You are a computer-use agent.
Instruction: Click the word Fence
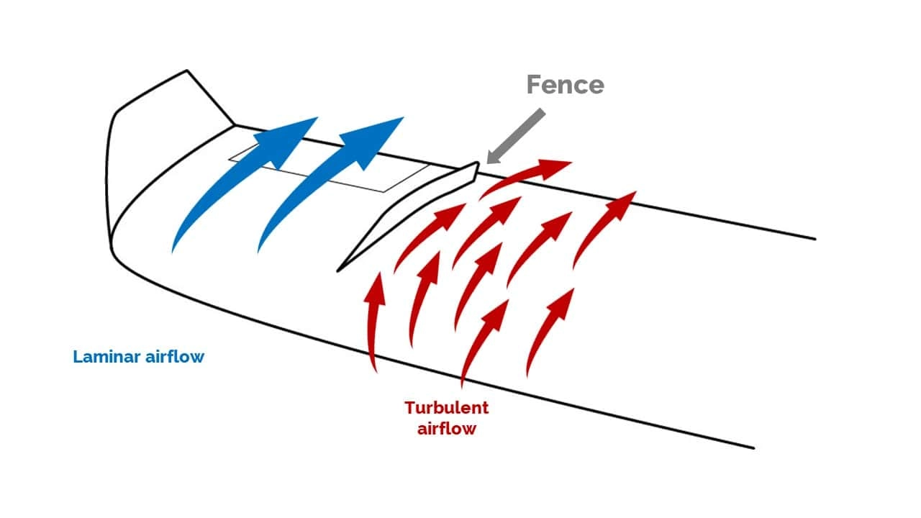coord(566,85)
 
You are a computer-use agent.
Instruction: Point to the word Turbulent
coord(447,408)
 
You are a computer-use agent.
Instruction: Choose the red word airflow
coord(447,429)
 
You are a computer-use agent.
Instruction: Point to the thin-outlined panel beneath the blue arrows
coord(329,168)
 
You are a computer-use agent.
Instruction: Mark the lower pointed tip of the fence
coord(337,271)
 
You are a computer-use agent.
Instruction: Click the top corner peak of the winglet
coord(187,71)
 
